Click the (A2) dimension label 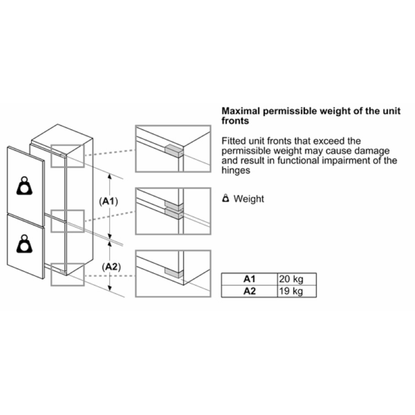pyautogui.click(x=111, y=267)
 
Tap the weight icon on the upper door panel pyautogui.click(x=24, y=186)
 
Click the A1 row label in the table pyautogui.click(x=249, y=279)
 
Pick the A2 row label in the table pyautogui.click(x=249, y=291)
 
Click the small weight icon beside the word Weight pyautogui.click(x=226, y=198)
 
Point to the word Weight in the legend pyautogui.click(x=249, y=199)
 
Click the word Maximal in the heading pyautogui.click(x=241, y=111)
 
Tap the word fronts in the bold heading pyautogui.click(x=235, y=121)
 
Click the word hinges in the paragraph pyautogui.click(x=236, y=170)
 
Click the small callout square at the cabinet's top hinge pyautogui.click(x=68, y=156)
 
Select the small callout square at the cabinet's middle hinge pyautogui.click(x=68, y=221)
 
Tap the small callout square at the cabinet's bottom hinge pyautogui.click(x=68, y=274)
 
